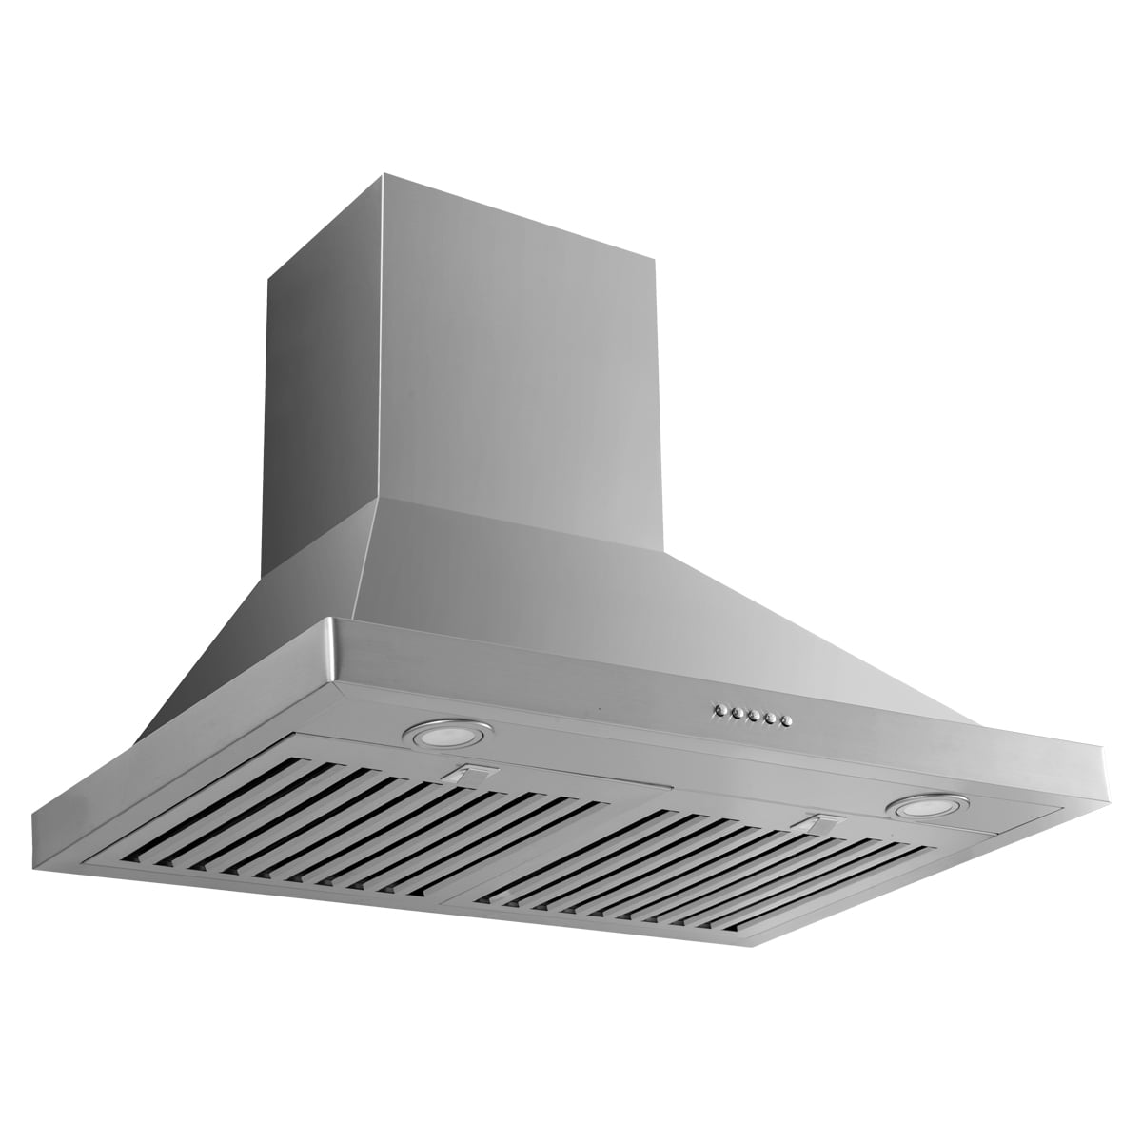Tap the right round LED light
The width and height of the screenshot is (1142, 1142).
(920, 808)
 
